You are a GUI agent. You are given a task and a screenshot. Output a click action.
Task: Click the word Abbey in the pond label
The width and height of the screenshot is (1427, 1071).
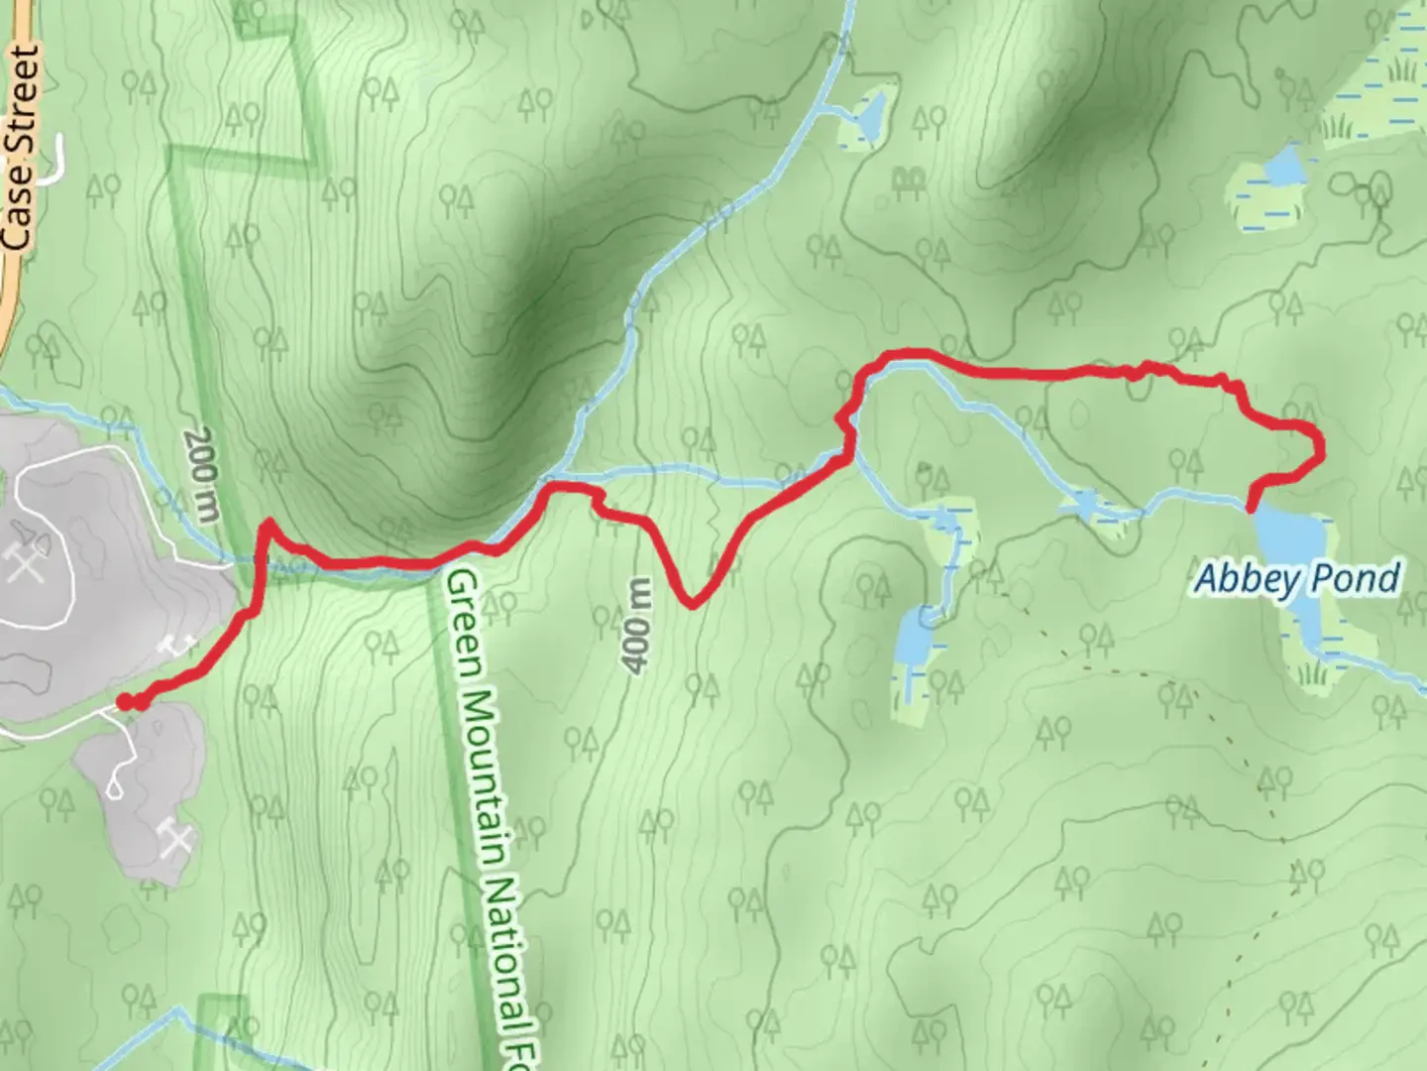click(1240, 578)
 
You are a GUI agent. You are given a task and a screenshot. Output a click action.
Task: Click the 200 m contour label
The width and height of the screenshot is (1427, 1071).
click(201, 474)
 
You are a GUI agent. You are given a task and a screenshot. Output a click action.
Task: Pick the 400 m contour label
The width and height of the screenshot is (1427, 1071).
click(639, 625)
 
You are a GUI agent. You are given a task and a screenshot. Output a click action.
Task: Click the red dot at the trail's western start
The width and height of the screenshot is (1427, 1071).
click(126, 702)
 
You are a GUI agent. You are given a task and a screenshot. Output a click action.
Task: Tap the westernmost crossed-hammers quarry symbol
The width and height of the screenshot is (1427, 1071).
click(22, 562)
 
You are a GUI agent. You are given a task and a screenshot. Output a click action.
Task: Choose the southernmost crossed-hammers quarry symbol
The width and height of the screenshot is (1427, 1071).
click(176, 841)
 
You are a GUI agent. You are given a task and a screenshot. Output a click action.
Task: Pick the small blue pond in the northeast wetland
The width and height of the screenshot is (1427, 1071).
click(1284, 167)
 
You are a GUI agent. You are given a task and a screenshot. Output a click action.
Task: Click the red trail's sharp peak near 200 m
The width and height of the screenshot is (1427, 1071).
click(268, 525)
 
